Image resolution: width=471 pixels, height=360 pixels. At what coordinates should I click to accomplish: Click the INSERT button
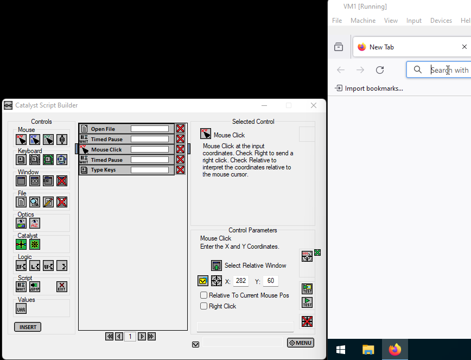pos(28,327)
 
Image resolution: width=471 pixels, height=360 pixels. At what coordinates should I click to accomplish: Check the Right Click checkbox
pos(204,306)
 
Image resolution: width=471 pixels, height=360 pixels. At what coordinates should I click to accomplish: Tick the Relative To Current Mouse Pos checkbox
pos(204,295)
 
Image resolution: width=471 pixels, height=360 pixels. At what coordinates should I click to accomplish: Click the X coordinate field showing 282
pos(241,281)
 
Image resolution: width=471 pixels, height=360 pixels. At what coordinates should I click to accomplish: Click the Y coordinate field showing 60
pos(271,281)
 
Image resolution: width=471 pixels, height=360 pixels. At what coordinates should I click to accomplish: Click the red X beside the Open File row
pos(180,129)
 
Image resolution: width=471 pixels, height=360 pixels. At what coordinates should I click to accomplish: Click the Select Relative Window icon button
pos(217,266)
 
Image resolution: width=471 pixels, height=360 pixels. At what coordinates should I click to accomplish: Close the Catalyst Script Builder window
pos(314,105)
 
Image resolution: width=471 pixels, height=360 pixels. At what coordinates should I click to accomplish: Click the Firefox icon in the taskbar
pos(395,349)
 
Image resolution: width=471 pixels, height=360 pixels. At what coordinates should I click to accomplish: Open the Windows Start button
pos(341,349)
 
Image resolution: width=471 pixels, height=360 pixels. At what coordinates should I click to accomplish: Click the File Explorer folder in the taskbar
pos(368,349)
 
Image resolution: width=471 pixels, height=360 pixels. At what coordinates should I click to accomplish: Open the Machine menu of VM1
pos(363,21)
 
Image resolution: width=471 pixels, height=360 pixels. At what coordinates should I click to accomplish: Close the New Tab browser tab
pos(464,47)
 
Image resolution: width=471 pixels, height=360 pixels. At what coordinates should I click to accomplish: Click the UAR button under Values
pos(21,309)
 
